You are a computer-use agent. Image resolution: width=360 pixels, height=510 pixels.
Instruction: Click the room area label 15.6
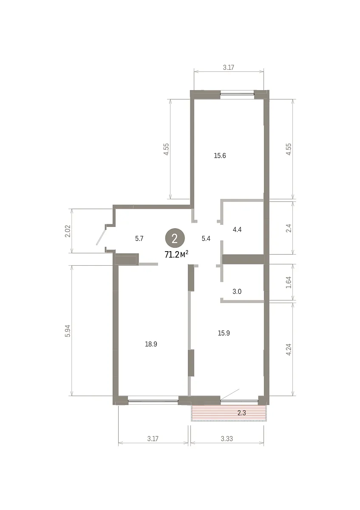point(220,156)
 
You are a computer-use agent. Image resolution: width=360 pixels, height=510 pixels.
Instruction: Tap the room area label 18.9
point(151,344)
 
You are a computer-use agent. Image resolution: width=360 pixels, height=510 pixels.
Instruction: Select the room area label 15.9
point(224,333)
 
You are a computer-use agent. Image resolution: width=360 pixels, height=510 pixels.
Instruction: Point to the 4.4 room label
point(237,229)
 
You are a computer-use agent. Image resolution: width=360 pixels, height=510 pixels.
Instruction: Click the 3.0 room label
point(237,292)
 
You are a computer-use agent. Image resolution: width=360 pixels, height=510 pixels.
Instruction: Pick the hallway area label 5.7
point(139,238)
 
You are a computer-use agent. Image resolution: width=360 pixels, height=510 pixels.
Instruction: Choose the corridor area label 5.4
point(206,238)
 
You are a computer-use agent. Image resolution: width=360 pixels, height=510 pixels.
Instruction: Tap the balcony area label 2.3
point(241,413)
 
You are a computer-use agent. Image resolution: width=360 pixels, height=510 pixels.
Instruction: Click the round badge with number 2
point(175,238)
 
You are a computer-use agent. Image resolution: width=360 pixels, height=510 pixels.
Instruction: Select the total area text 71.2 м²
point(176,255)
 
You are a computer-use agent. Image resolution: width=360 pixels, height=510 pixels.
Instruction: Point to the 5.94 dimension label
point(68,331)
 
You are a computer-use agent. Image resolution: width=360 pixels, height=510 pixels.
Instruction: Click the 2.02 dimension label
point(68,231)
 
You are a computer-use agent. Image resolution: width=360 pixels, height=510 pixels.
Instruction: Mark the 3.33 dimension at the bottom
point(227,439)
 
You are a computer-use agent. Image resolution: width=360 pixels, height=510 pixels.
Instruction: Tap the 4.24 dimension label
point(289,349)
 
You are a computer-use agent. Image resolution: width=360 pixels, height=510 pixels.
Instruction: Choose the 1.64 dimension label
point(289,282)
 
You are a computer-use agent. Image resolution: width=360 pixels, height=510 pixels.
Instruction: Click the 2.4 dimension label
point(289,228)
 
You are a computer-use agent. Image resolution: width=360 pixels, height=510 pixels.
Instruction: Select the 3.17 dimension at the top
point(228,68)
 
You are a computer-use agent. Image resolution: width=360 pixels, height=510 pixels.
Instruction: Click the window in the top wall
point(237,94)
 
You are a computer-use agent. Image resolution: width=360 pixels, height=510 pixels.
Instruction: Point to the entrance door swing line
point(101,237)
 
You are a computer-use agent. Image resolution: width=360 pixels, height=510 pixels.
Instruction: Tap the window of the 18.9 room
point(153,401)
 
